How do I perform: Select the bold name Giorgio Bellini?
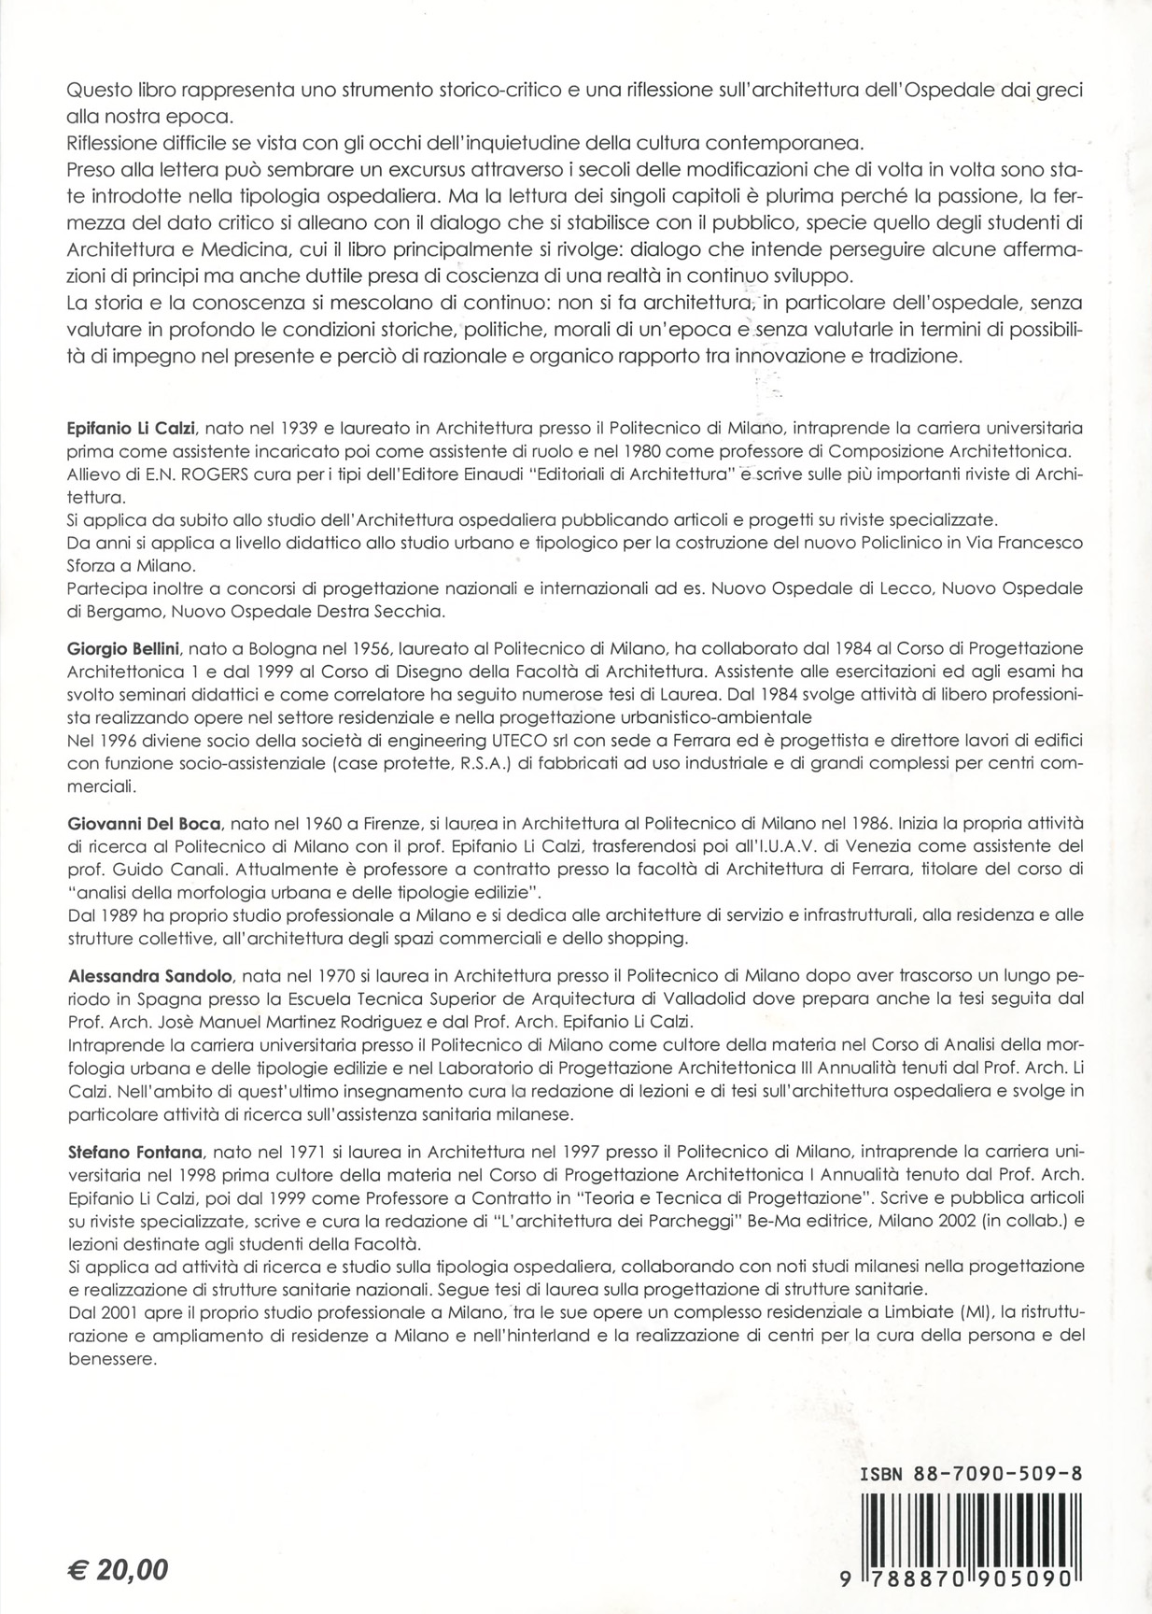click(x=124, y=648)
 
